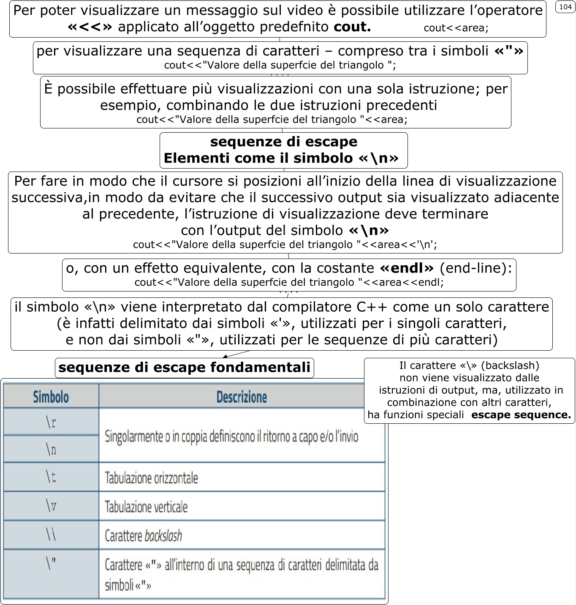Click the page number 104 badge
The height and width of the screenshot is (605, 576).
click(565, 7)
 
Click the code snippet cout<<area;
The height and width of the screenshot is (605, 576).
click(456, 28)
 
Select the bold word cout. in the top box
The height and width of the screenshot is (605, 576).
click(352, 27)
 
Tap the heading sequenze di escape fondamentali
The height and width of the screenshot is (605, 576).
click(185, 368)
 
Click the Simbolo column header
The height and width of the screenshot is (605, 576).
click(51, 397)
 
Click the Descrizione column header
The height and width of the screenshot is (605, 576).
click(242, 397)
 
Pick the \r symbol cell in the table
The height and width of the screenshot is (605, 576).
click(51, 422)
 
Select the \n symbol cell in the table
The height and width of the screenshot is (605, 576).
click(51, 449)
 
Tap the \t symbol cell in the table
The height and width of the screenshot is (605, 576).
click(51, 477)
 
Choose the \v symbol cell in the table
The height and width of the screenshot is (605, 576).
click(51, 506)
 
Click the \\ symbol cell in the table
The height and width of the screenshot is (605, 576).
click(51, 535)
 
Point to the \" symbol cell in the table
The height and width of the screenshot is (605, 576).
click(51, 564)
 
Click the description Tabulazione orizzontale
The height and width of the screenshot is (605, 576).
click(151, 478)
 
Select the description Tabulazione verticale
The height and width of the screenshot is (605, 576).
click(146, 507)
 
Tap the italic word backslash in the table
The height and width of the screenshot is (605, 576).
click(163, 536)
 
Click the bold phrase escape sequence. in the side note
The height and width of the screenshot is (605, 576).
click(521, 415)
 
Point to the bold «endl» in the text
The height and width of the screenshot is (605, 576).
click(407, 268)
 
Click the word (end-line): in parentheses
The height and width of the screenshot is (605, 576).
click(476, 268)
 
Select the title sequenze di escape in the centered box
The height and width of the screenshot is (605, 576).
click(283, 142)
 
